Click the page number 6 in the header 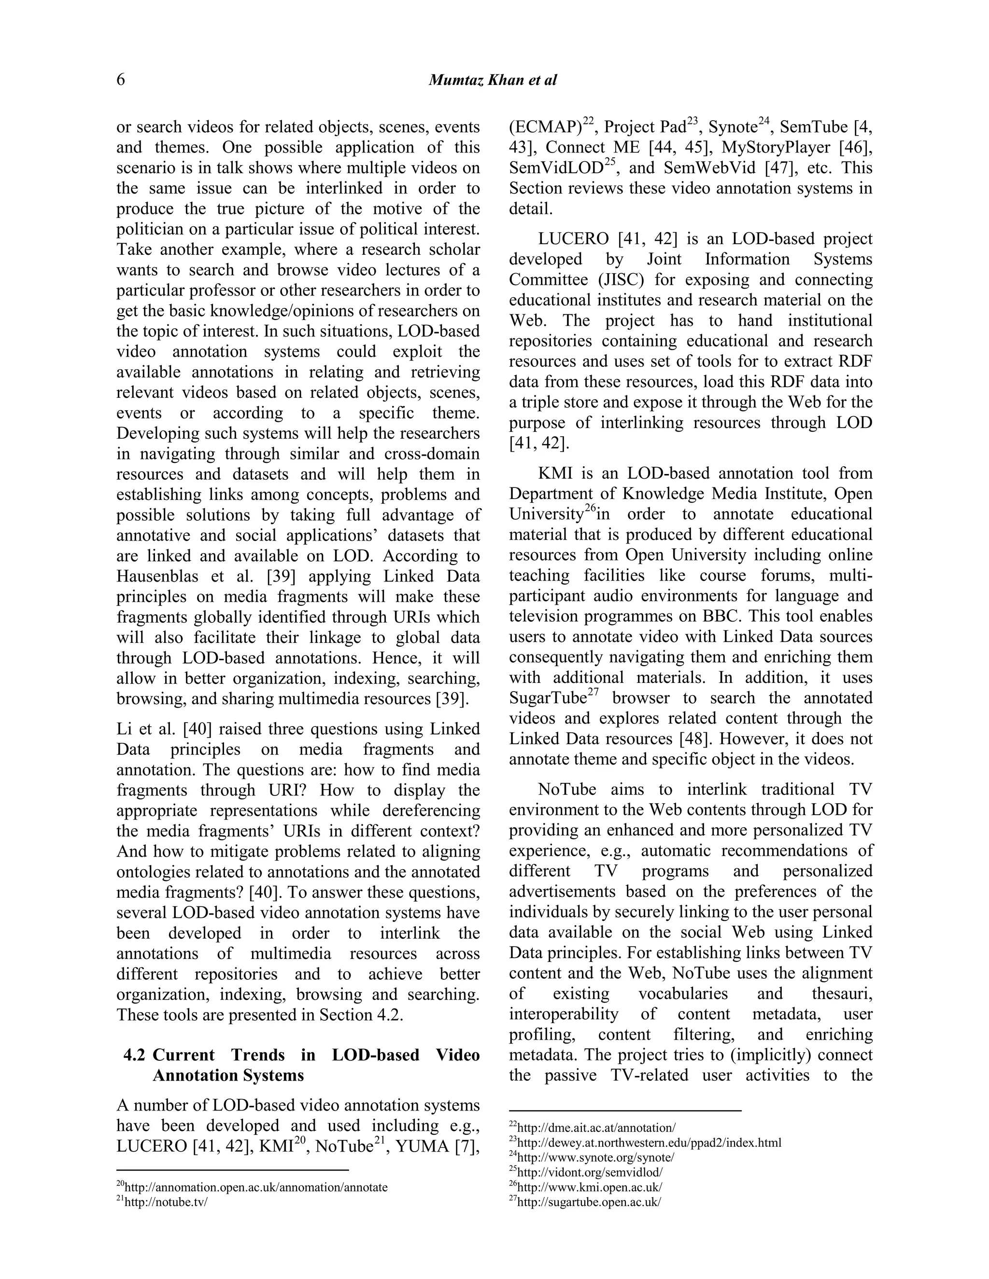click(x=121, y=80)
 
